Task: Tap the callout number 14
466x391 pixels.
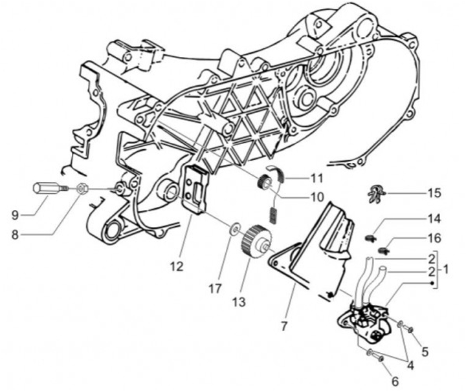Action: point(433,219)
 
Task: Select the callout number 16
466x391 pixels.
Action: point(433,238)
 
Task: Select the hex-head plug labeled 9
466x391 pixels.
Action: point(47,189)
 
